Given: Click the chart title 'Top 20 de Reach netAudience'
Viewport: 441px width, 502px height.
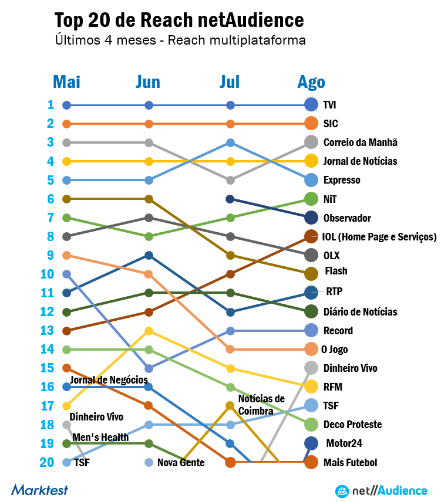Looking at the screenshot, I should coord(179,21).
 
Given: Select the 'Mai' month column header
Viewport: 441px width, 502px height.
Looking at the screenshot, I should coord(66,82).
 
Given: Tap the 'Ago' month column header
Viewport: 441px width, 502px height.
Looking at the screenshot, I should coord(311,82).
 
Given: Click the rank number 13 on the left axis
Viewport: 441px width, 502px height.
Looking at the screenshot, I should coord(47,330).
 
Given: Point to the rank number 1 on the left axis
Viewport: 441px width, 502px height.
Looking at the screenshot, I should coord(51,105).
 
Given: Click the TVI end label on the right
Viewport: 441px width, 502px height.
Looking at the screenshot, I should coord(329,105).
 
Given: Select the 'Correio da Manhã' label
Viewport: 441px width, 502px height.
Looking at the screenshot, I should coord(360,143).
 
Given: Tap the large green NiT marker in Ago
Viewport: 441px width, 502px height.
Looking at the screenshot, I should coord(312,199).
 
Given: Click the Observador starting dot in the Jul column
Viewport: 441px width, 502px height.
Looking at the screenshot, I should coord(230,199).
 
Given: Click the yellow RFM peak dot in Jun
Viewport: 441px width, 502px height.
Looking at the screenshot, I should coord(149,331).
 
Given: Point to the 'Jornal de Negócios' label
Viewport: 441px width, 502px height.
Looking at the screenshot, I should coord(109,381).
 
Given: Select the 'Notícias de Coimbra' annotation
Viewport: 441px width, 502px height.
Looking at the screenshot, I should coord(261,405).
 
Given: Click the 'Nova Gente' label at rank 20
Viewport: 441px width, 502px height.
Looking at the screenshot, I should coord(180,463).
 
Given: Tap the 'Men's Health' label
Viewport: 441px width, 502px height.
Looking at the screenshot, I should coord(100,437).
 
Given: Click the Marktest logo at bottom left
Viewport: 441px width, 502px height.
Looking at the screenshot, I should coord(39,489).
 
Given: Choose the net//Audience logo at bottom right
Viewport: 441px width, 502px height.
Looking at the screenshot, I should coord(381,490).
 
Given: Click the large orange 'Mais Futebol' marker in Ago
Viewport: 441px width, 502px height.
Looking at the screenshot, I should coord(312,462).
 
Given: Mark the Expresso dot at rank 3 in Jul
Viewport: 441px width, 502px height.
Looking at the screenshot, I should coord(230,143).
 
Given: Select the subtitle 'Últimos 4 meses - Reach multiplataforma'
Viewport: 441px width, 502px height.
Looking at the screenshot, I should coord(180,41).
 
